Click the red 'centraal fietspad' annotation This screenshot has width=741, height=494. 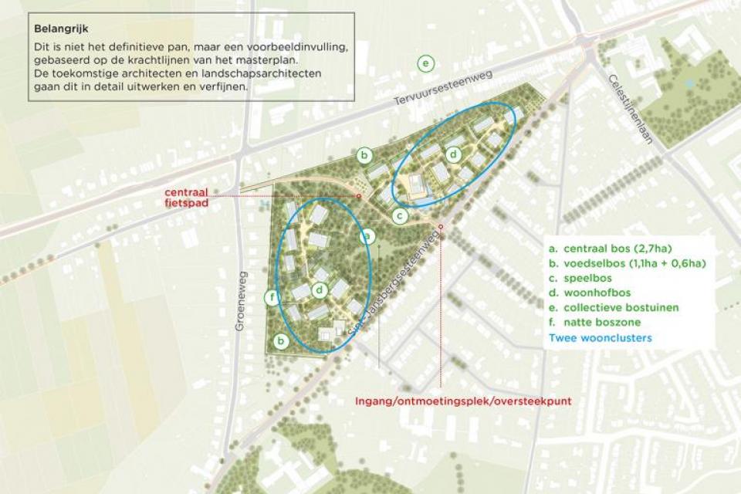[188, 198]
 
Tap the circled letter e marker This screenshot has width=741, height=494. [425, 63]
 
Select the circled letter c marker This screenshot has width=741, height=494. [399, 216]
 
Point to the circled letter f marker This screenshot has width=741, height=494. [271, 297]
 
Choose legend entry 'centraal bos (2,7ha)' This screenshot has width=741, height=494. [610, 249]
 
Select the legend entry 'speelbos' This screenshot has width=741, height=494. [585, 279]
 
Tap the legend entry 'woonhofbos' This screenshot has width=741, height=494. [592, 293]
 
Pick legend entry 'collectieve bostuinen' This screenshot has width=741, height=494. [613, 307]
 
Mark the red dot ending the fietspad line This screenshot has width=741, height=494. [359, 197]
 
